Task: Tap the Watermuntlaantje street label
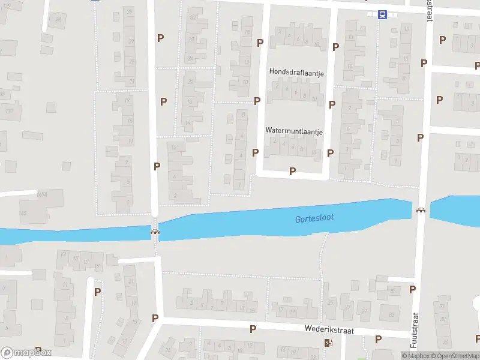click(294, 130)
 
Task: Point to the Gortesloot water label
click(314, 218)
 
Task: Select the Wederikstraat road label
click(329, 330)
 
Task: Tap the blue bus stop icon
click(382, 15)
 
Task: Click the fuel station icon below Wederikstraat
click(328, 343)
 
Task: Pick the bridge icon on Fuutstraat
click(421, 210)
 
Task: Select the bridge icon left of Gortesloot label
click(155, 232)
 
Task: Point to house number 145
click(23, 214)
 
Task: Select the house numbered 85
click(394, 291)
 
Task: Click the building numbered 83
click(392, 314)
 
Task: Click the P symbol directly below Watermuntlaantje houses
click(292, 171)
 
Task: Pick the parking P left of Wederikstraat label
click(253, 329)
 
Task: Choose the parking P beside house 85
click(412, 289)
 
